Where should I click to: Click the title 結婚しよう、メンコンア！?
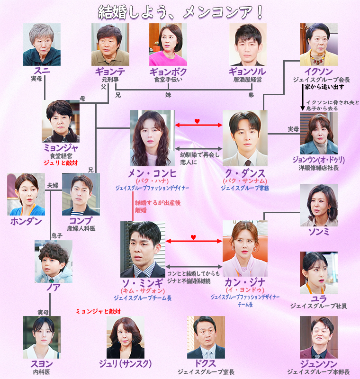pyautogui.click(x=180, y=12)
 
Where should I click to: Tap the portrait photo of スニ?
pyautogui.click(x=42, y=45)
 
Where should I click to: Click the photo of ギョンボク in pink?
pyautogui.click(x=168, y=45)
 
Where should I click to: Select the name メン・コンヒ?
pyautogui.click(x=152, y=172)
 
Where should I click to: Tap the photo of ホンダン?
pyautogui.click(x=26, y=194)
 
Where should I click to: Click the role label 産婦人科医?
pyautogui.click(x=81, y=228)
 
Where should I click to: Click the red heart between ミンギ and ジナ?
pyautogui.click(x=193, y=236)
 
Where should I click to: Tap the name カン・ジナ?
pyautogui.click(x=245, y=283)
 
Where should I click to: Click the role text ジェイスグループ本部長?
pyautogui.click(x=318, y=372)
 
